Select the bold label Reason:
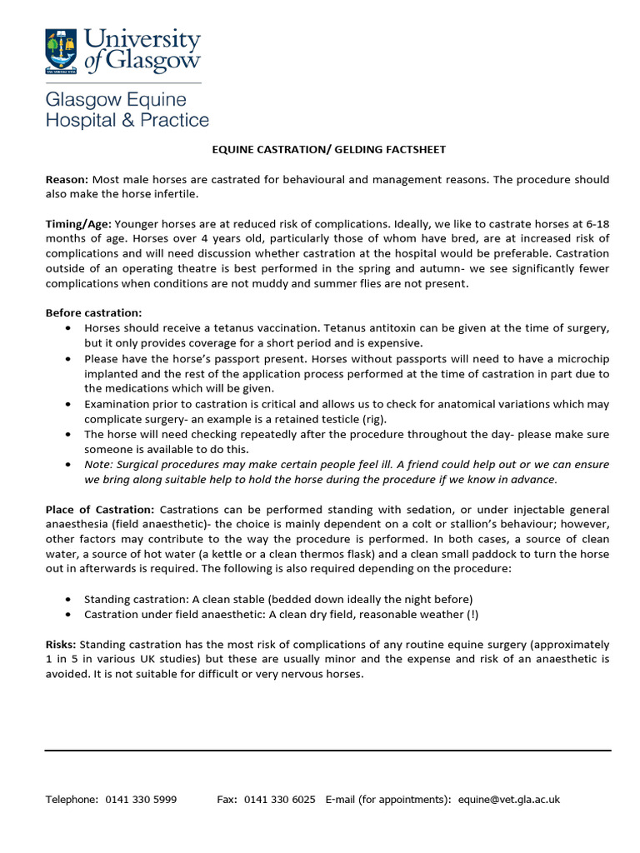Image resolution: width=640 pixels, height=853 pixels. click(67, 180)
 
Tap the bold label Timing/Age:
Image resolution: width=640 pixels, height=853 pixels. click(78, 224)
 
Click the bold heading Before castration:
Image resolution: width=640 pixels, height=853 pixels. click(93, 313)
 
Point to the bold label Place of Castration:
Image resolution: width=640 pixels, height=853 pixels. click(99, 509)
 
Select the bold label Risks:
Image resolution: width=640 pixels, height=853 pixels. click(61, 645)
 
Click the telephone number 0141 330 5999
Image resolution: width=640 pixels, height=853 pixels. click(141, 800)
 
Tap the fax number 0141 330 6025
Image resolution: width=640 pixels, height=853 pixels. click(279, 800)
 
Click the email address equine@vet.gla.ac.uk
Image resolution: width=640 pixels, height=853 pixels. click(508, 800)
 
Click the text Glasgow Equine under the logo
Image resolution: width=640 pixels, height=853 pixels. click(116, 100)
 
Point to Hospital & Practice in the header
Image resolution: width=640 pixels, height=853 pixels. click(127, 120)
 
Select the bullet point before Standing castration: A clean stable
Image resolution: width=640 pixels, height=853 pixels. click(67, 600)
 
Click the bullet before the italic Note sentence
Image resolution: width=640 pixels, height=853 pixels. click(67, 465)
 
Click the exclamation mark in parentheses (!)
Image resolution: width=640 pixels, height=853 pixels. click(472, 615)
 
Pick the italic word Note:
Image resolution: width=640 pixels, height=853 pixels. click(99, 465)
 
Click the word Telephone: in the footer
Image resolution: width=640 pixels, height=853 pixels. click(72, 800)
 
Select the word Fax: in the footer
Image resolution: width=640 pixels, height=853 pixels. click(227, 800)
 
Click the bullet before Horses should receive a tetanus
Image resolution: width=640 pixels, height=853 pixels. click(67, 328)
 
